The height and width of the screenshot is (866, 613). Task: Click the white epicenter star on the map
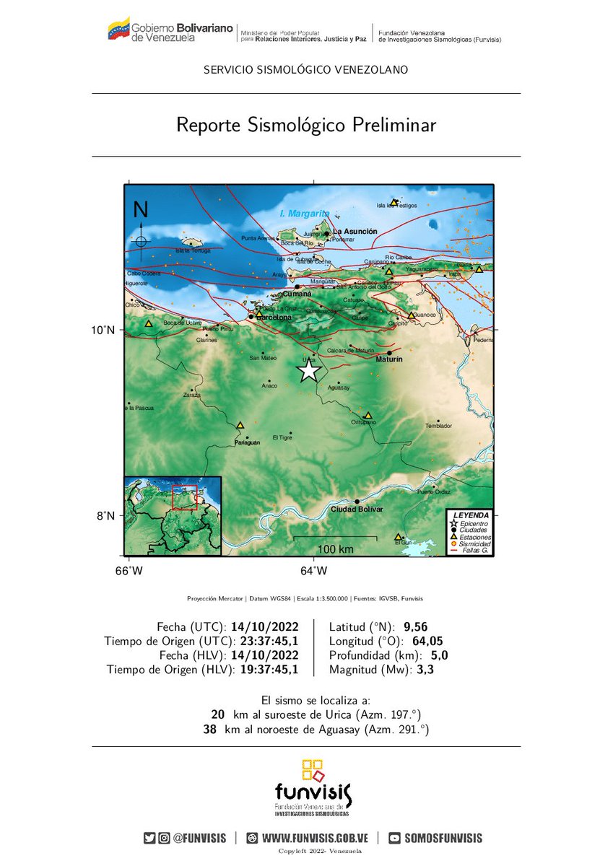click(x=308, y=370)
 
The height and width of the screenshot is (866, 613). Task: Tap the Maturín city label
click(x=389, y=359)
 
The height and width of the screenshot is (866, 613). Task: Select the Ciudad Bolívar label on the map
click(x=357, y=509)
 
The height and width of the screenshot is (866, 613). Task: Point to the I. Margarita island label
click(x=304, y=214)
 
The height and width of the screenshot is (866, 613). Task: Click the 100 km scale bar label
click(x=335, y=549)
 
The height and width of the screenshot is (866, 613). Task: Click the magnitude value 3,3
click(x=426, y=670)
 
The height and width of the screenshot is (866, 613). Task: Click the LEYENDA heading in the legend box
click(x=471, y=515)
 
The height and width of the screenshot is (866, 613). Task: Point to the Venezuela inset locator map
click(x=173, y=515)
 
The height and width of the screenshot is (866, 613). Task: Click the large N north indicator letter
click(x=141, y=210)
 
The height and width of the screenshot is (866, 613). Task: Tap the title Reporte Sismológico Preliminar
click(x=306, y=125)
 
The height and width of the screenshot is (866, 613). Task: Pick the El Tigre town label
click(x=282, y=437)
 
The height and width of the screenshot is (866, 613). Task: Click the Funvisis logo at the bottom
click(x=313, y=788)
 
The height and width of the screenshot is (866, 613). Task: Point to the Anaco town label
click(x=269, y=386)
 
